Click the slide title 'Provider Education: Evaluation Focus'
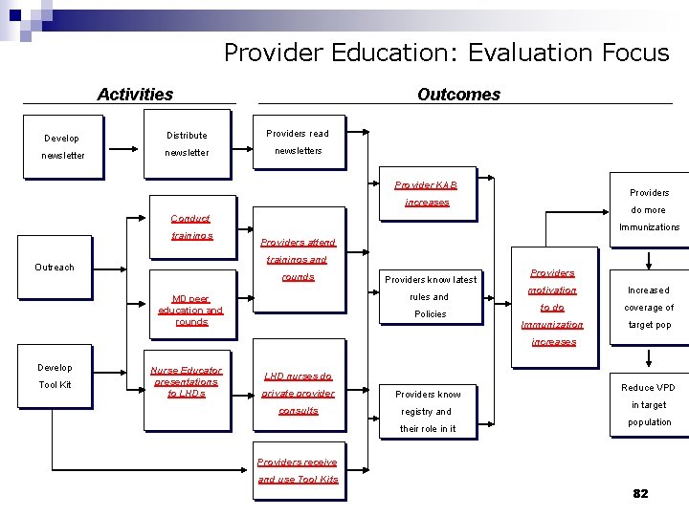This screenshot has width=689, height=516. [x=446, y=53]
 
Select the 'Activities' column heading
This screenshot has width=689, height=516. [x=135, y=94]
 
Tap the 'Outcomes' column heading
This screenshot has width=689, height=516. [x=458, y=94]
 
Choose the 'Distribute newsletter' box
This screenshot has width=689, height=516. [x=187, y=144]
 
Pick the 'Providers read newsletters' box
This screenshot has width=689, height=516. [x=298, y=142]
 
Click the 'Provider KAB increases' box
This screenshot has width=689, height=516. [x=427, y=193]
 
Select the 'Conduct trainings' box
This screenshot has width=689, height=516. [x=190, y=226]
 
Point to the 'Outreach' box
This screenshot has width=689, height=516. [x=55, y=267]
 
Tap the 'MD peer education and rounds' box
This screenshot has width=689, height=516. [x=190, y=309]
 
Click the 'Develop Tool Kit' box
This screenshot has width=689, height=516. [x=55, y=376]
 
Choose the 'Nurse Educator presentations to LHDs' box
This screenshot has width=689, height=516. [x=187, y=381]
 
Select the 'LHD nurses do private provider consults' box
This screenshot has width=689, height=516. [x=298, y=393]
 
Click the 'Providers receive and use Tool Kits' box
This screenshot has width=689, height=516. [x=298, y=470]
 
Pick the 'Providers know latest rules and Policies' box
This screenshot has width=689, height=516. [x=431, y=296]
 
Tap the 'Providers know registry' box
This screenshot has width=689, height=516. [x=428, y=411]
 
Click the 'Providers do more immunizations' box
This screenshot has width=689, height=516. [x=649, y=209]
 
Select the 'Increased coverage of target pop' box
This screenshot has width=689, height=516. [x=649, y=307]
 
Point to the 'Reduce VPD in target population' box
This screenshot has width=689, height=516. [x=649, y=404]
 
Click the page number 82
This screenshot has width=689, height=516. [x=640, y=493]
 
